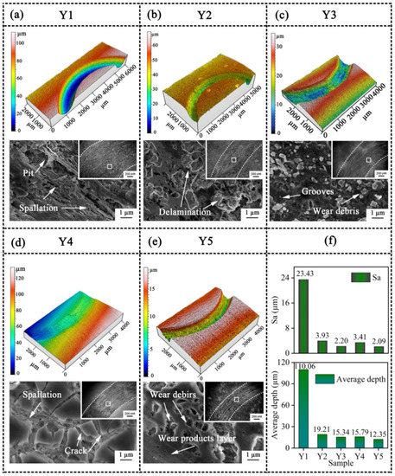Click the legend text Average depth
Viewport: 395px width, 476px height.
[360, 380]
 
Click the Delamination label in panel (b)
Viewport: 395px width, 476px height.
[188, 209]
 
